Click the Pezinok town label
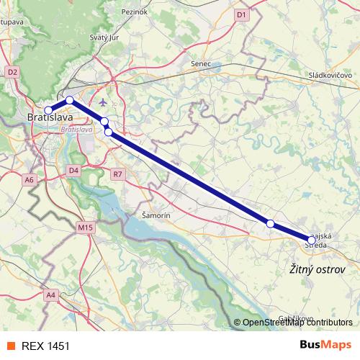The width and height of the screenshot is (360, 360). (135, 12)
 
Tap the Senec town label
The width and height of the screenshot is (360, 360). (200, 63)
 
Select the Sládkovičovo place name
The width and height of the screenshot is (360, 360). (329, 75)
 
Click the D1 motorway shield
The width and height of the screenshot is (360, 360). (241, 14)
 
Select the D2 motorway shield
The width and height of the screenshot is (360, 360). (12, 72)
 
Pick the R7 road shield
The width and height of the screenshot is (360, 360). (118, 174)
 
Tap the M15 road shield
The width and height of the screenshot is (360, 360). (86, 228)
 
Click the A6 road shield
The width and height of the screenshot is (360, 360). (29, 179)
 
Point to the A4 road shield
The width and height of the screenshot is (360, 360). (50, 294)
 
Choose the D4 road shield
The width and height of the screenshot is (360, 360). (73, 170)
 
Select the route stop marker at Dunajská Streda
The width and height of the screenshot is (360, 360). (312, 239)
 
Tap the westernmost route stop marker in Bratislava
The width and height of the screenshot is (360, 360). (48, 110)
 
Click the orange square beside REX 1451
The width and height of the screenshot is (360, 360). (10, 346)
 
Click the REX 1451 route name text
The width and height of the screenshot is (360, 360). (46, 346)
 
